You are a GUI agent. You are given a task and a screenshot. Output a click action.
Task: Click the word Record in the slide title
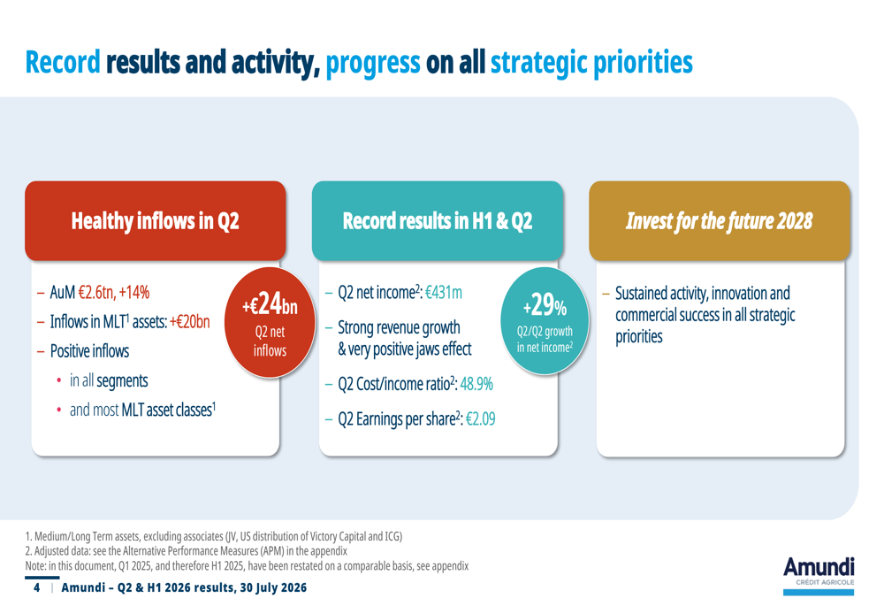click(63, 62)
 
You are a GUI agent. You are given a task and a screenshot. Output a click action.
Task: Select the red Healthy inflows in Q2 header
click(156, 220)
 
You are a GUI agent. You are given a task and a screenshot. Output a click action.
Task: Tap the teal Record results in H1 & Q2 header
click(438, 220)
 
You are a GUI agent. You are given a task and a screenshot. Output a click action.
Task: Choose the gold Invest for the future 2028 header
click(720, 220)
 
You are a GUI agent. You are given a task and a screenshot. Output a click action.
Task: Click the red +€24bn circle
click(270, 322)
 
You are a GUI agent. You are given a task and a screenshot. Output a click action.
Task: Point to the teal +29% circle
click(545, 321)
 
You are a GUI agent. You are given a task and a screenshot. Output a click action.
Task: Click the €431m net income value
click(444, 292)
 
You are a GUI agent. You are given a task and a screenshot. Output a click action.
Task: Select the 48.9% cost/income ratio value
click(476, 384)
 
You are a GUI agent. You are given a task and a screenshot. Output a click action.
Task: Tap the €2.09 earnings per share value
click(480, 418)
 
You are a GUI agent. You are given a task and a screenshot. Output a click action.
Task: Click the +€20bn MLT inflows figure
click(189, 322)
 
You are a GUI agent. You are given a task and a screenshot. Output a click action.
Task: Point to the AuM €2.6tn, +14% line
click(100, 292)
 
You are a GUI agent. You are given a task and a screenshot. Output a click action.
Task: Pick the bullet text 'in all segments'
click(109, 381)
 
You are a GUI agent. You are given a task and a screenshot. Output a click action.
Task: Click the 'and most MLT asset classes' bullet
click(142, 410)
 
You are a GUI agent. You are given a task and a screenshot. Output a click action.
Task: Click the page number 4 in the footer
click(36, 587)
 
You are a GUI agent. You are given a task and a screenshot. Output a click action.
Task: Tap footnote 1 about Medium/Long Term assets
click(214, 536)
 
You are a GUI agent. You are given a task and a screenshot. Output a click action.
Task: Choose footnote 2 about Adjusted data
click(186, 550)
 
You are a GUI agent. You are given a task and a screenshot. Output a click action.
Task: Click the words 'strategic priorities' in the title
click(591, 62)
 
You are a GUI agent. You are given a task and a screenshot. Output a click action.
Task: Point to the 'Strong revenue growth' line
click(399, 327)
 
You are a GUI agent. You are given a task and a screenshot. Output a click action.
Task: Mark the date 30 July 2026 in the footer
click(273, 587)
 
